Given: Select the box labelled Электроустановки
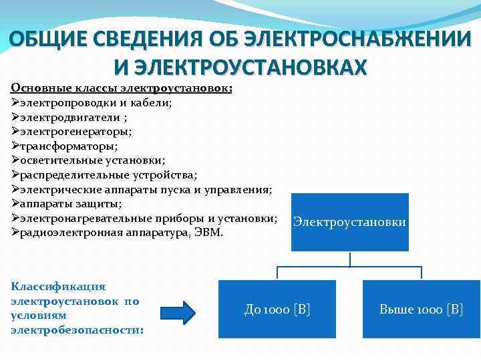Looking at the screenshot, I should [x=349, y=222].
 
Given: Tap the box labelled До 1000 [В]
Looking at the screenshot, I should [x=277, y=308].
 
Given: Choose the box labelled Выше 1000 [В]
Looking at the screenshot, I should [x=420, y=308].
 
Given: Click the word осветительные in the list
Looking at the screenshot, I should [x=58, y=160].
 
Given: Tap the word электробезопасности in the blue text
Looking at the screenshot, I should [x=77, y=330].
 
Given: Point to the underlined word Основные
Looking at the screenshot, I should [x=35, y=88].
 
